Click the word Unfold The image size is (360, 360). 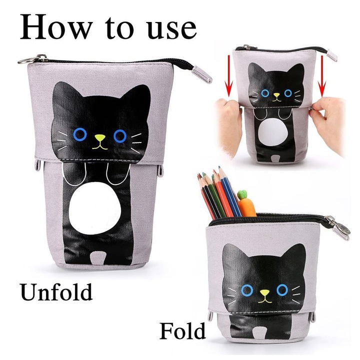[56, 292]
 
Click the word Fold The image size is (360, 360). [182, 330]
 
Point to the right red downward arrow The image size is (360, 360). [323, 75]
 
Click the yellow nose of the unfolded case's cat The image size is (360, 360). [100, 138]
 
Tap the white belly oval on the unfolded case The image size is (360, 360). [95, 208]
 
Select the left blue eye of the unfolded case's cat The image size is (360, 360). [80, 134]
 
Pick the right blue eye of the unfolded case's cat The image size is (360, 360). [120, 136]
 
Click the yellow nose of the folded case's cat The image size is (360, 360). [264, 292]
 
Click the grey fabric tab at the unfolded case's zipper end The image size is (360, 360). [202, 74]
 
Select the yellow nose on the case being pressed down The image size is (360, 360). [276, 94]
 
